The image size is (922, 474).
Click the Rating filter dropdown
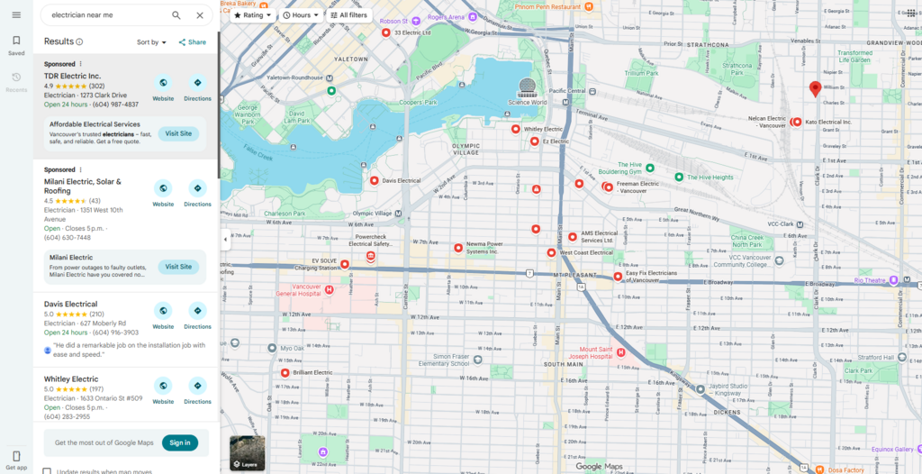click(x=252, y=15)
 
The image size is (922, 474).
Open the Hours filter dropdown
click(x=301, y=15)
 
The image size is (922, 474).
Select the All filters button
click(x=348, y=15)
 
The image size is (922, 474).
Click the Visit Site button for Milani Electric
click(x=178, y=267)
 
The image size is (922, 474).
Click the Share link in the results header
click(x=192, y=42)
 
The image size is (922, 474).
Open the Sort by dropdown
click(x=152, y=42)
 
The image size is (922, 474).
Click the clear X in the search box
click(x=200, y=15)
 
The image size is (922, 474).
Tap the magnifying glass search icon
click(x=176, y=15)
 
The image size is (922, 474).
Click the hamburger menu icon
click(x=16, y=15)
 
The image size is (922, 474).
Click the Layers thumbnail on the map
click(x=248, y=452)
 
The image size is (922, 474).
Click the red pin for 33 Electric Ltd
click(x=385, y=32)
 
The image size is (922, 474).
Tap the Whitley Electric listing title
click(x=71, y=379)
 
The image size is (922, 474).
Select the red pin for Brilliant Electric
click(x=285, y=372)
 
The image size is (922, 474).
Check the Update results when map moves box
click(x=47, y=471)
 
